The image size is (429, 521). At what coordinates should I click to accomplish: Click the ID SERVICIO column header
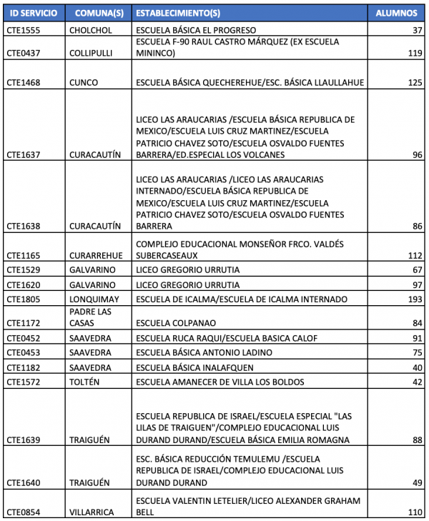tap(33, 14)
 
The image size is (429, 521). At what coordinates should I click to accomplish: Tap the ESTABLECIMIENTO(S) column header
tap(179, 14)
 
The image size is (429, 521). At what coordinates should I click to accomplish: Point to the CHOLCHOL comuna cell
tap(91, 30)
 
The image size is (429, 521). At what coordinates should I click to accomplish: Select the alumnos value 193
tap(413, 299)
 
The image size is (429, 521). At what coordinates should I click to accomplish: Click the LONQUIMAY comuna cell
tap(95, 299)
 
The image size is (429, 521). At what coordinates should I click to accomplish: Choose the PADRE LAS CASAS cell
tap(91, 317)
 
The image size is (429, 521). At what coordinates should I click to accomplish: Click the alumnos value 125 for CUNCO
tap(413, 83)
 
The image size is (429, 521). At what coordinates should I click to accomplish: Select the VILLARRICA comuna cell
tap(94, 512)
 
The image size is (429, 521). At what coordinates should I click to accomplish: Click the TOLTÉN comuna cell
tap(87, 382)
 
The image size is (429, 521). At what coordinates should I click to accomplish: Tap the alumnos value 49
tap(415, 482)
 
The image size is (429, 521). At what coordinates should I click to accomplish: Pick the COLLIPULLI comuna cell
tap(92, 53)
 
